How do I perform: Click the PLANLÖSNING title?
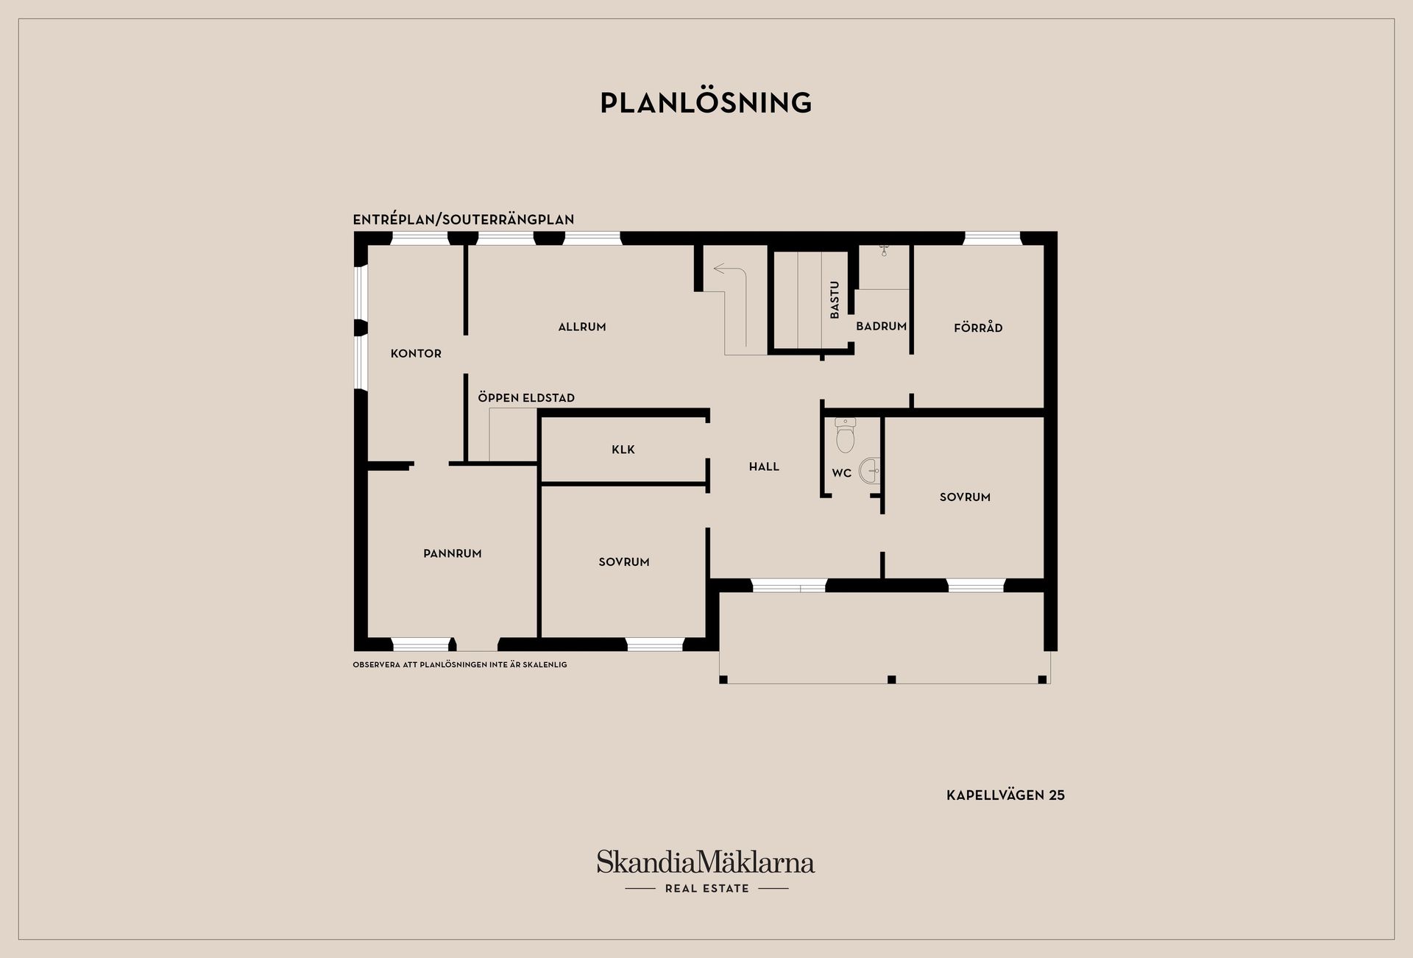click(706, 103)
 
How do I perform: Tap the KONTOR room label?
click(416, 354)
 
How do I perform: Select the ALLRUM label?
click(582, 327)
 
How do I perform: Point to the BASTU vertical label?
click(835, 300)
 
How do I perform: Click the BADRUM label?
click(881, 326)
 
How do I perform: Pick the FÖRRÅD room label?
click(978, 327)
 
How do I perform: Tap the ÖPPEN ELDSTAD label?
click(526, 397)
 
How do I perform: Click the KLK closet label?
click(623, 450)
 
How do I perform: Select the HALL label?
click(764, 466)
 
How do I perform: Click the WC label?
click(841, 473)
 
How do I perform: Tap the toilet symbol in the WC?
click(846, 435)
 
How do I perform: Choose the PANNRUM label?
click(453, 553)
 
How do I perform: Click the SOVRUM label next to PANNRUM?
click(624, 562)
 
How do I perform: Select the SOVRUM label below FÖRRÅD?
click(965, 497)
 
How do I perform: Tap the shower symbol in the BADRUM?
click(884, 250)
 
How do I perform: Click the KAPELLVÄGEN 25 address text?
click(1005, 795)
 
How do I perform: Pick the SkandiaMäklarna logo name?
click(706, 862)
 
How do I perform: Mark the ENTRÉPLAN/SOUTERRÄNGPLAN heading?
click(464, 219)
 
